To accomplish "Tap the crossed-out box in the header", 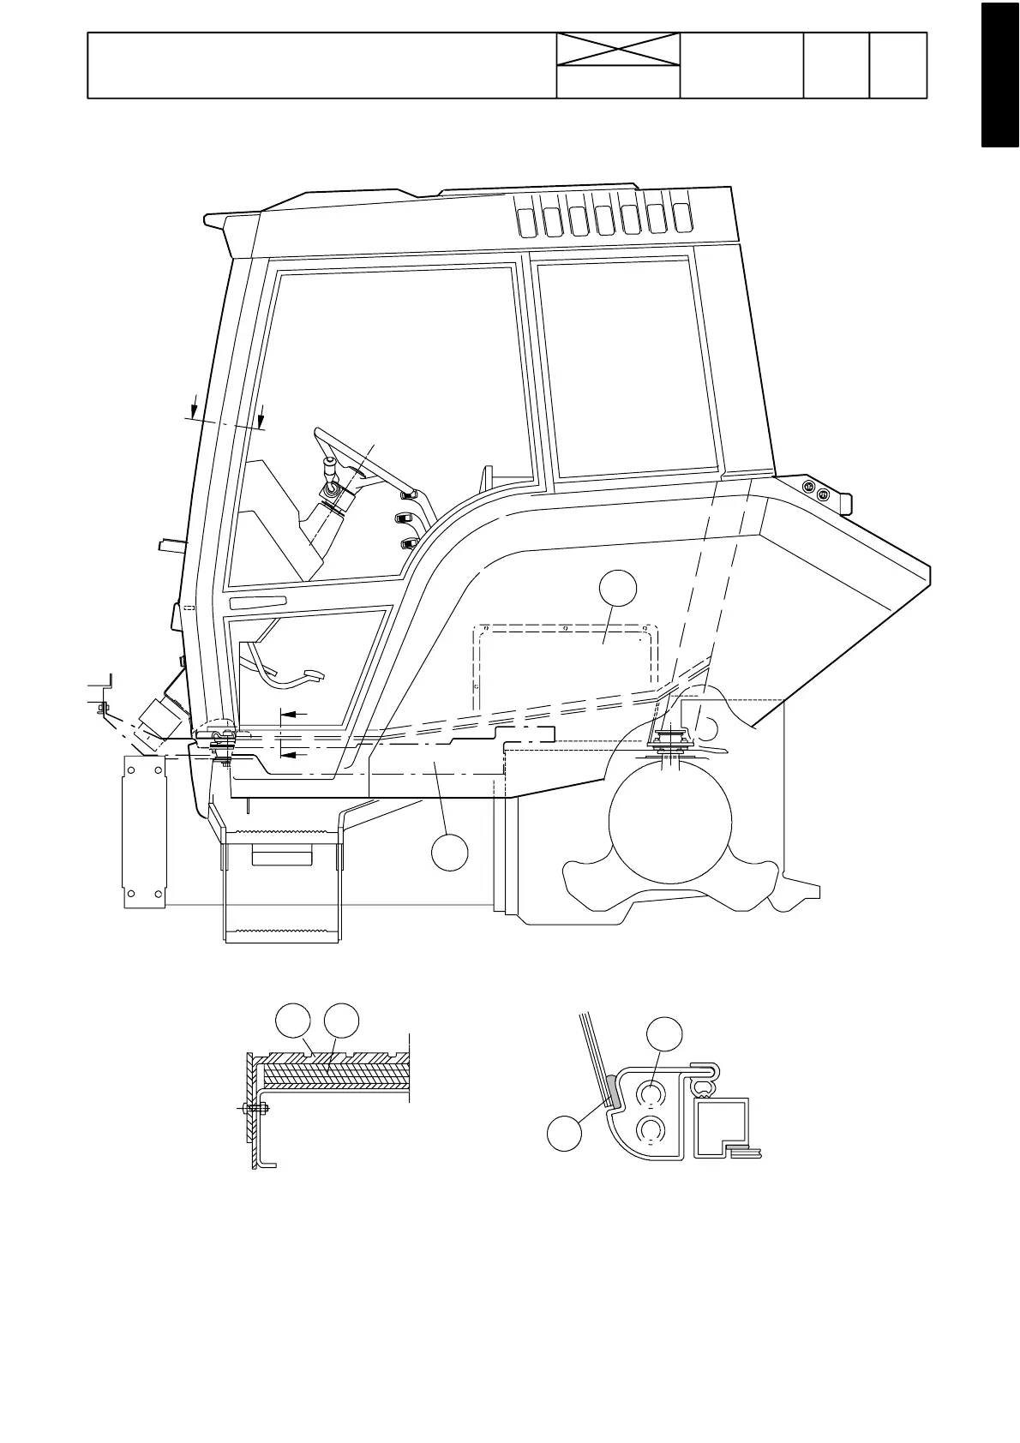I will point(618,49).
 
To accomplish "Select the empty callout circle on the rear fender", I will point(617,590).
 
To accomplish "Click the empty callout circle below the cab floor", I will point(449,851).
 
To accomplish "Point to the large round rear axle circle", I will point(669,818).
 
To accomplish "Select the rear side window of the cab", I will point(626,368).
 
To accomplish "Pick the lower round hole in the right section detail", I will point(651,1132).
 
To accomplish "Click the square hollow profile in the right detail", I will point(721,1126).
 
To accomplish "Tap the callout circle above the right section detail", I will point(664,1034).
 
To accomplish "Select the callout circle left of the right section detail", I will point(565,1135).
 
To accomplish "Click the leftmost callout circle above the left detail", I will point(294,1021).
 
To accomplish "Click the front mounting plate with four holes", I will point(144,831).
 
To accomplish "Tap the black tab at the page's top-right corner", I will point(1000,75).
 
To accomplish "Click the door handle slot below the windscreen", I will point(257,602).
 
